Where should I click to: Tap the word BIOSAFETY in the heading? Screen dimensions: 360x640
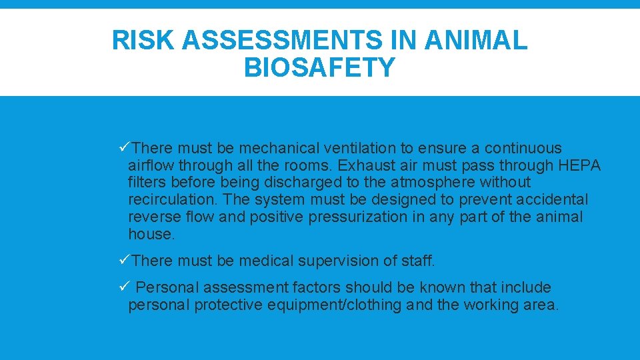[x=319, y=67]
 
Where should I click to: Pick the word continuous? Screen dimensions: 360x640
[x=523, y=148]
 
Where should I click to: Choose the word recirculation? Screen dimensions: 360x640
[x=172, y=199]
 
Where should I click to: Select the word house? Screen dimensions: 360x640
[x=151, y=234]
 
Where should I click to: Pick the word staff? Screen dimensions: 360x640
[x=417, y=261]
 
